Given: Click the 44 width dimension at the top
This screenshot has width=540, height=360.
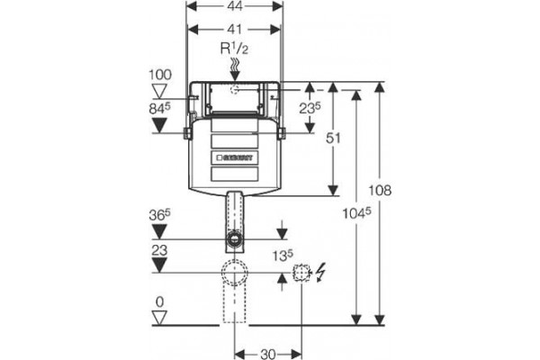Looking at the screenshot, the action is (x=234, y=6).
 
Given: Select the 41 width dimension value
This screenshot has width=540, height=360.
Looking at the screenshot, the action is (x=234, y=30).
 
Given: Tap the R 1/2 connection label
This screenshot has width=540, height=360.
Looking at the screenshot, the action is (x=234, y=49).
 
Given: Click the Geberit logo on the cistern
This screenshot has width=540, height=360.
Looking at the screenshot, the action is (x=235, y=158).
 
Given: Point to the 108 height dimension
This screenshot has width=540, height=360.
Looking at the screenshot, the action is (x=380, y=190).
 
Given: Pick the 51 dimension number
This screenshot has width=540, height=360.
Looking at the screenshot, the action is (x=333, y=138).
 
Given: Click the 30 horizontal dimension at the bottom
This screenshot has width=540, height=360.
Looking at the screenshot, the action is (x=268, y=354).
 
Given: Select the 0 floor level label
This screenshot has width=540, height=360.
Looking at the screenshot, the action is (x=159, y=302).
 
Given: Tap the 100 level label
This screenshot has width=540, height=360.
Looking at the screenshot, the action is (x=160, y=75).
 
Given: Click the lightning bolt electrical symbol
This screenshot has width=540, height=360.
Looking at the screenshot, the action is (x=320, y=272).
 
